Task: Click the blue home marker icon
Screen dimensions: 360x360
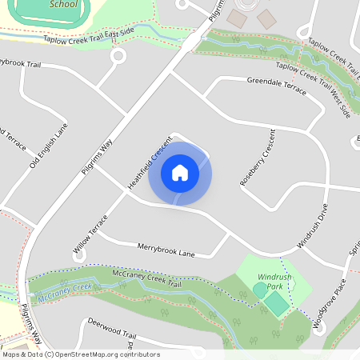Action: coord(180,173)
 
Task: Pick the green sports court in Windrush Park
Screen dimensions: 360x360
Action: coord(276,303)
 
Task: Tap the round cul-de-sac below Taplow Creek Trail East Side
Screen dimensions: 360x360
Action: coord(118,56)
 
